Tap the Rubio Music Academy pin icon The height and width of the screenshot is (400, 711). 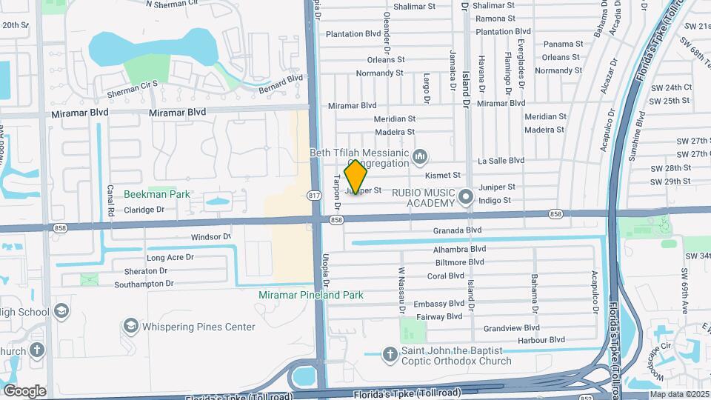[466, 197]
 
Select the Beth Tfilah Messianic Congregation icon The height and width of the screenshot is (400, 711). [421, 156]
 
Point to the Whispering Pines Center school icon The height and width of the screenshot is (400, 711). [130, 326]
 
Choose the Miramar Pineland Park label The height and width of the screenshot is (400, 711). [311, 295]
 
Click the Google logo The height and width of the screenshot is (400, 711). [24, 391]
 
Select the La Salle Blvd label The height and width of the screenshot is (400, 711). [501, 160]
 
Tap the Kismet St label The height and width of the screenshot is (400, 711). [443, 176]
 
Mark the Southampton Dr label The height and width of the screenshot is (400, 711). [144, 284]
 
